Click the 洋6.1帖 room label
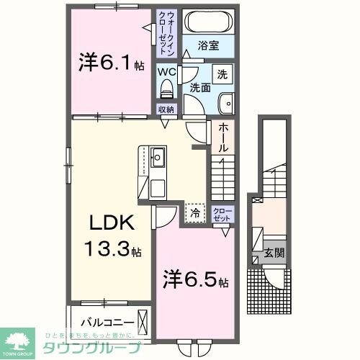pos(110,63)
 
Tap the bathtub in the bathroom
pos(209,22)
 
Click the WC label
pos(166,73)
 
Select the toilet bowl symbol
pos(166,89)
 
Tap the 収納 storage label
pos(166,110)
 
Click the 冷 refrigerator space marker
pos(194,212)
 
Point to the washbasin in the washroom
pos(224,102)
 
